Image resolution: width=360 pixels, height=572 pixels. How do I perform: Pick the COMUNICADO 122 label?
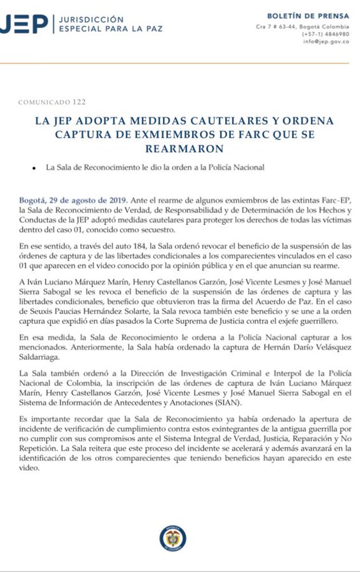click(x=52, y=102)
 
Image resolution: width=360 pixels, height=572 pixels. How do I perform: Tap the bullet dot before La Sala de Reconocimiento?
click(x=32, y=168)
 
